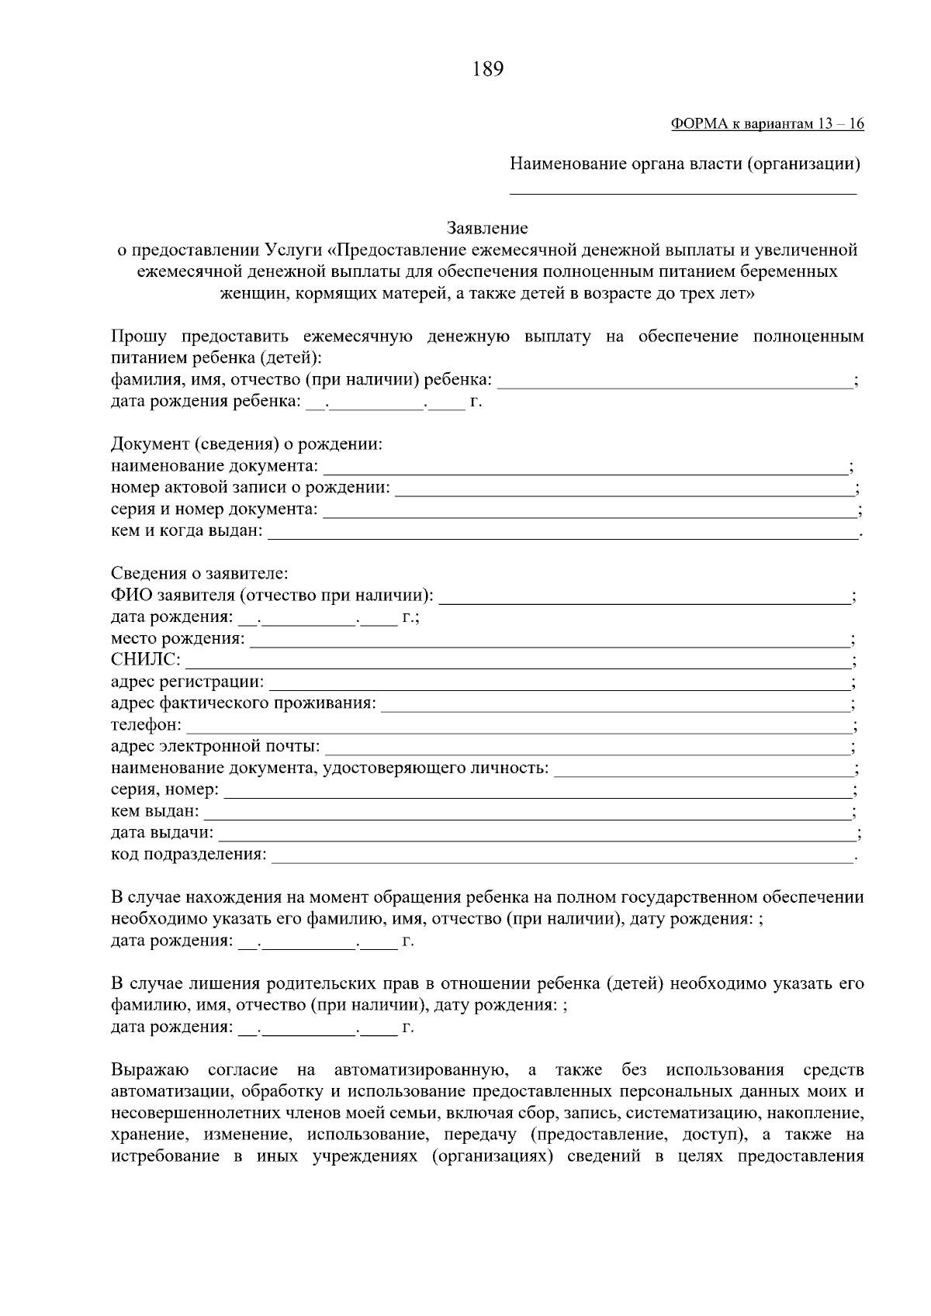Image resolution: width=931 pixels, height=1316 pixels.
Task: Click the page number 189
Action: (487, 70)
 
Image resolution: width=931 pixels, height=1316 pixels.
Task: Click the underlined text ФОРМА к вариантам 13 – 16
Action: (767, 124)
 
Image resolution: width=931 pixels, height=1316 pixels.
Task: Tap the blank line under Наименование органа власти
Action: (683, 192)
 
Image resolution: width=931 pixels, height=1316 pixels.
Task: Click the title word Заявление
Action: (487, 228)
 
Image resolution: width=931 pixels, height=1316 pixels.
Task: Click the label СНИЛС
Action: (145, 660)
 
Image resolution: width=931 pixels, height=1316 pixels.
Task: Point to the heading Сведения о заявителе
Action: (199, 574)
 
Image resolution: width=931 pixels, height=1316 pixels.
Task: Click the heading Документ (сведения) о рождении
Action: (247, 444)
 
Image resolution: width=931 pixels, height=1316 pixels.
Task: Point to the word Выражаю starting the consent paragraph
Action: (150, 1071)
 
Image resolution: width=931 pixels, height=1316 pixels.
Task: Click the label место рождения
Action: (177, 639)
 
